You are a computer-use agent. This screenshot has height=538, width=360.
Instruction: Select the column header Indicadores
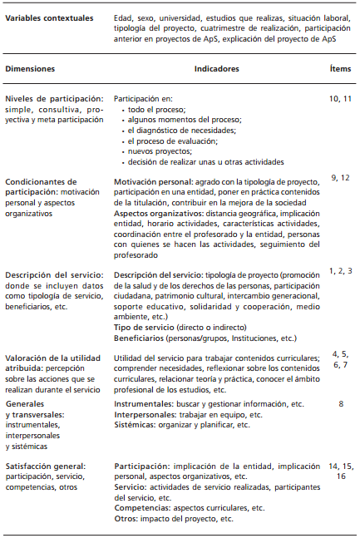click(218, 70)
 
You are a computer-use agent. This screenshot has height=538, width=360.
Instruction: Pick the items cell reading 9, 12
click(339, 178)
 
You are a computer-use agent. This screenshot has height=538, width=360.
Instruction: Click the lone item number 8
click(341, 403)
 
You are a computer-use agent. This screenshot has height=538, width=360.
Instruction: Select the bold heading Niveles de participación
click(54, 99)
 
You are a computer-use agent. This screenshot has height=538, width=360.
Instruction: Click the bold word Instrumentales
click(144, 403)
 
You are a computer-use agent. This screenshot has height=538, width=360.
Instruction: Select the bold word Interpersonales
click(147, 414)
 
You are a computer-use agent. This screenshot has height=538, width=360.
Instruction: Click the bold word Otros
click(126, 496)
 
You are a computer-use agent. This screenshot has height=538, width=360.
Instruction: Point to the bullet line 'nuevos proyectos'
click(157, 151)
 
